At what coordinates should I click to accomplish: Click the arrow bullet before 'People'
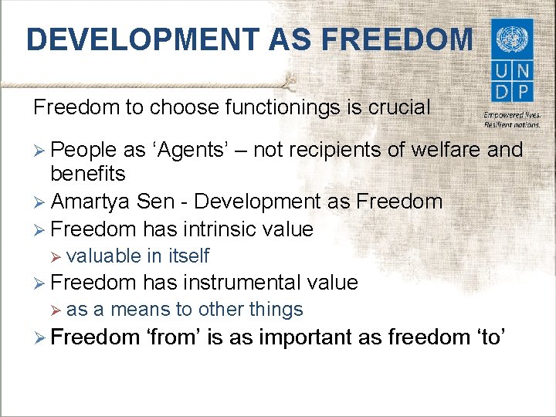41,150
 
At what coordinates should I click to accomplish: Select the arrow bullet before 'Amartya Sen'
41,202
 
